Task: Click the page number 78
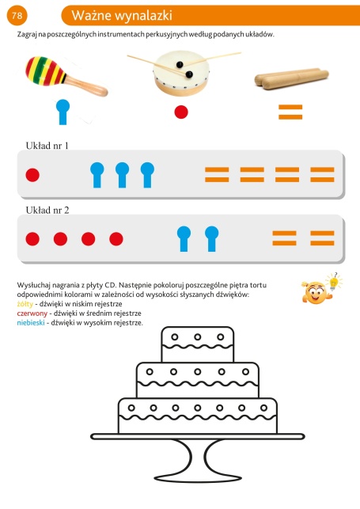point(17,15)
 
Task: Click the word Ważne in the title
point(92,16)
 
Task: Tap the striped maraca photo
point(66,76)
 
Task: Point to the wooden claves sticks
point(292,78)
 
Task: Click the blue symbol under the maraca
point(63,112)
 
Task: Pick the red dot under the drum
point(181,112)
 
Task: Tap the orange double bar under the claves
point(290,112)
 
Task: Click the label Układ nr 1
point(47,146)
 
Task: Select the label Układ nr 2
point(47,210)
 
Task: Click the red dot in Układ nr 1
point(32,175)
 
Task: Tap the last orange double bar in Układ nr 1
point(322,175)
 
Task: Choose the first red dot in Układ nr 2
point(32,239)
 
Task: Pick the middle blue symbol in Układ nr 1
point(123,175)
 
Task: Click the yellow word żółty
point(25,304)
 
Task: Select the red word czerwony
point(32,313)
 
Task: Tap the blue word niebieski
point(31,323)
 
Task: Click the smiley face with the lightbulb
point(321,289)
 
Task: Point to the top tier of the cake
point(198,344)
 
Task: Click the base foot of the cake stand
point(198,478)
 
